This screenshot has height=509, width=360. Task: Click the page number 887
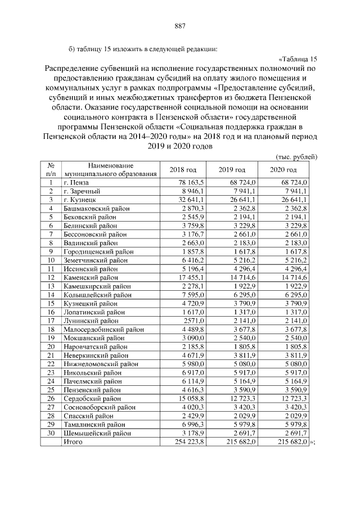click(x=180, y=25)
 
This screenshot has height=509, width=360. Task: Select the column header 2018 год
click(x=183, y=170)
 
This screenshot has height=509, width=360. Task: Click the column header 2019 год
click(x=232, y=170)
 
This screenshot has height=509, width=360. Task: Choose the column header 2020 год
click(x=283, y=170)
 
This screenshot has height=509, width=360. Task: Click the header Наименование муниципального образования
click(x=110, y=170)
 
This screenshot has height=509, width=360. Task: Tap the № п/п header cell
click(x=51, y=170)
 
